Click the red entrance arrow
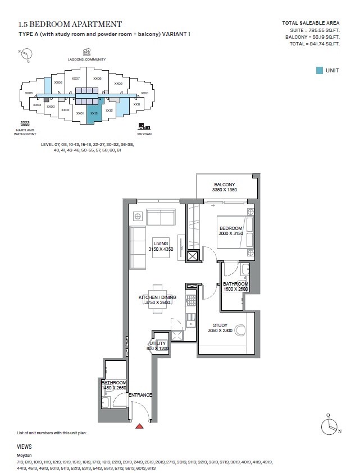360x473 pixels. pyautogui.click(x=139, y=426)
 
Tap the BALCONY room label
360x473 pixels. pyautogui.click(x=224, y=184)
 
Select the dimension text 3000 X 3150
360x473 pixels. pyautogui.click(x=230, y=233)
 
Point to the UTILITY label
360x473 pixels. pyautogui.click(x=158, y=343)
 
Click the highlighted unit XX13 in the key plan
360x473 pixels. pyautogui.click(x=94, y=113)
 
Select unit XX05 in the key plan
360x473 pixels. pyautogui.click(x=29, y=93)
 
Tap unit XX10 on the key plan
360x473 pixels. pyautogui.click(x=144, y=93)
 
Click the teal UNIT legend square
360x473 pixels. pyautogui.click(x=319, y=70)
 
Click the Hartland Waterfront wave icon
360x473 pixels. pyautogui.click(x=25, y=123)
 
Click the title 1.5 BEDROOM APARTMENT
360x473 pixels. pyautogui.click(x=70, y=24)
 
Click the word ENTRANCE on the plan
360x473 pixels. pyautogui.click(x=140, y=395)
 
